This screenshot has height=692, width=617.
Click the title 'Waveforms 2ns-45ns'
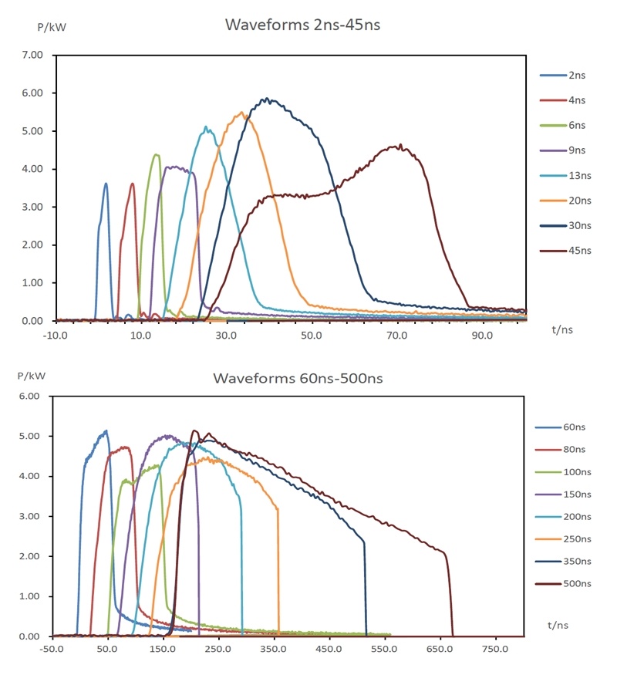tap(302, 25)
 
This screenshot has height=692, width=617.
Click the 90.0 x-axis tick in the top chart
tap(483, 336)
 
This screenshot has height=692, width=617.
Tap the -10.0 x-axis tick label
tap(53, 336)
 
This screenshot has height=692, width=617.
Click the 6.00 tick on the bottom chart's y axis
tap(34, 397)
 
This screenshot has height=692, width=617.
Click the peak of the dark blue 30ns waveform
tap(267, 99)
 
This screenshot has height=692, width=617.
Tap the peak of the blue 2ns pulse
tap(106, 184)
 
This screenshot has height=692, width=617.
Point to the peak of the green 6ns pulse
tap(157, 155)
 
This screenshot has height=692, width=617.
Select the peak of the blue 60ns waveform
tap(106, 430)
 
